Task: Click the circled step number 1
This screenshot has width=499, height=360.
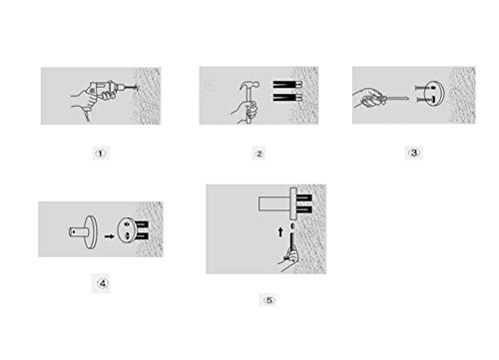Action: click(x=101, y=154)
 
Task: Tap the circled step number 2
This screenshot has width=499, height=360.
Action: click(x=259, y=154)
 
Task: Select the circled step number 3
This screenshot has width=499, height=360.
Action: click(x=414, y=153)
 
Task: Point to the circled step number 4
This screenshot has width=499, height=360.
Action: click(x=102, y=283)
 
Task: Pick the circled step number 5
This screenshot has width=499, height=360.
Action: click(x=269, y=300)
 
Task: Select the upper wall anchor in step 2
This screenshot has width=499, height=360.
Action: click(x=287, y=85)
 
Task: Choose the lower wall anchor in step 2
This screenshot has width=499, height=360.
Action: click(x=287, y=98)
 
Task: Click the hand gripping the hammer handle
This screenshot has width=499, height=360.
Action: click(x=247, y=112)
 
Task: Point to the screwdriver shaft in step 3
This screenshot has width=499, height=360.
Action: click(x=397, y=98)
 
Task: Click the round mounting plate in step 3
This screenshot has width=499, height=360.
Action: click(x=434, y=94)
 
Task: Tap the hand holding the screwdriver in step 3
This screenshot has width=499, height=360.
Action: click(x=367, y=98)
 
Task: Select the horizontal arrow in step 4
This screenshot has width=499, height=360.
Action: click(x=109, y=236)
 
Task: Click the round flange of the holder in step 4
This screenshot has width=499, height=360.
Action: click(x=90, y=232)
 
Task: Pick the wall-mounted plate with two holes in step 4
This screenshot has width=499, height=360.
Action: click(x=127, y=230)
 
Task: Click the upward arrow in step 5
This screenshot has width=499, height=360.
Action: click(x=280, y=232)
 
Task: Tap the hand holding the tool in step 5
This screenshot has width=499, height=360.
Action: click(x=289, y=261)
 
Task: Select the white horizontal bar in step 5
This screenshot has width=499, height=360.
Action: click(x=274, y=203)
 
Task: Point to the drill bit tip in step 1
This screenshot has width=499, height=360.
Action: click(x=137, y=88)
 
